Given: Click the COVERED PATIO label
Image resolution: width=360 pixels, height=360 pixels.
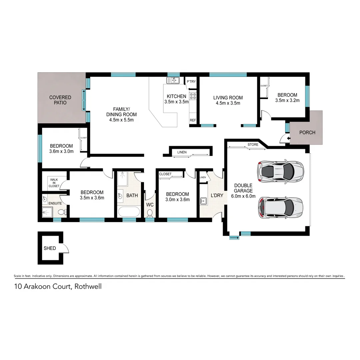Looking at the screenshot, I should click(60, 100).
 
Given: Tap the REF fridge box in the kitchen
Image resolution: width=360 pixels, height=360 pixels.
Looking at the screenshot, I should click(193, 120).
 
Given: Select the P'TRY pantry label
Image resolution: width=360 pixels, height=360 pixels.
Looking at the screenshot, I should click(191, 82).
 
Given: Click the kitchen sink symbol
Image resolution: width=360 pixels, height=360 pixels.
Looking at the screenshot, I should click(173, 80).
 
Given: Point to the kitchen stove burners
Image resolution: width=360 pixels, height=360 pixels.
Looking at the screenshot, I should click(193, 96).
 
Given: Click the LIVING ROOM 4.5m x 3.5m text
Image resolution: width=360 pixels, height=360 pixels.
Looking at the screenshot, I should click(228, 100).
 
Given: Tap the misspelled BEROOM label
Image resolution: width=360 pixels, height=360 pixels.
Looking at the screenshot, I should click(287, 97).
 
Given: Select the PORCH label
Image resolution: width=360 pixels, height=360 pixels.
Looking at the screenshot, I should click(307, 132).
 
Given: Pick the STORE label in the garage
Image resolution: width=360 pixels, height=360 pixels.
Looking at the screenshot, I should click(253, 145).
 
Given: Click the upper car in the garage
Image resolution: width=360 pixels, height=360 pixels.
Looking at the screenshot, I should click(280, 171).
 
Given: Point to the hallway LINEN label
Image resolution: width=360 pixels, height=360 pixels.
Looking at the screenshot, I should click(182, 152).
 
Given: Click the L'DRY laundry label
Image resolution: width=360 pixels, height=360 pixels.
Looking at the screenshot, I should click(217, 196).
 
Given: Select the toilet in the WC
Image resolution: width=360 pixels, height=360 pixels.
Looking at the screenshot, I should click(150, 212).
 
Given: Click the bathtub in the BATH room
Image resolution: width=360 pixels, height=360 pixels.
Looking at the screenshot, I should click(129, 212).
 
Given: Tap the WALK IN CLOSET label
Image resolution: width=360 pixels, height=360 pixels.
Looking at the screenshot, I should click(54, 183).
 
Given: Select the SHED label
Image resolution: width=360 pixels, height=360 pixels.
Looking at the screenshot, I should click(50, 248).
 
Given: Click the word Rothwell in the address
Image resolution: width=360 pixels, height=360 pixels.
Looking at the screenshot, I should click(88, 286).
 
